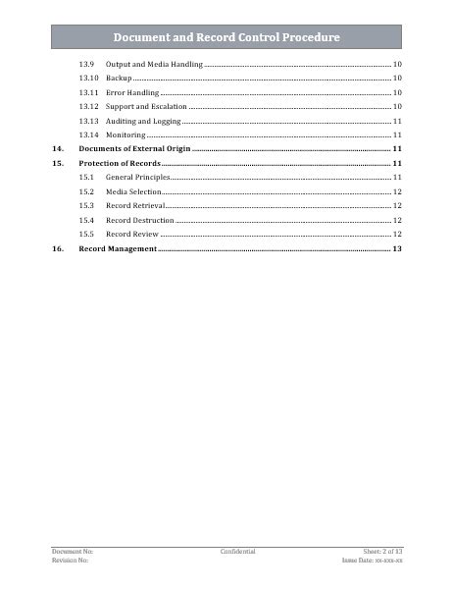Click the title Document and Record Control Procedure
pyautogui.click(x=226, y=37)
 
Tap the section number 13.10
pyautogui.click(x=88, y=77)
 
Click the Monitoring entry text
pyautogui.click(x=125, y=134)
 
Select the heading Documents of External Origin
pyautogui.click(x=134, y=147)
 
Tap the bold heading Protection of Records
pyautogui.click(x=120, y=162)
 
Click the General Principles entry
pyautogui.click(x=137, y=177)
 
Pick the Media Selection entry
pyautogui.click(x=133, y=191)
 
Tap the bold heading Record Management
pyautogui.click(x=118, y=249)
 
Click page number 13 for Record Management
pyautogui.click(x=397, y=249)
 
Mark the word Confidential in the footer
pyautogui.click(x=238, y=552)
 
